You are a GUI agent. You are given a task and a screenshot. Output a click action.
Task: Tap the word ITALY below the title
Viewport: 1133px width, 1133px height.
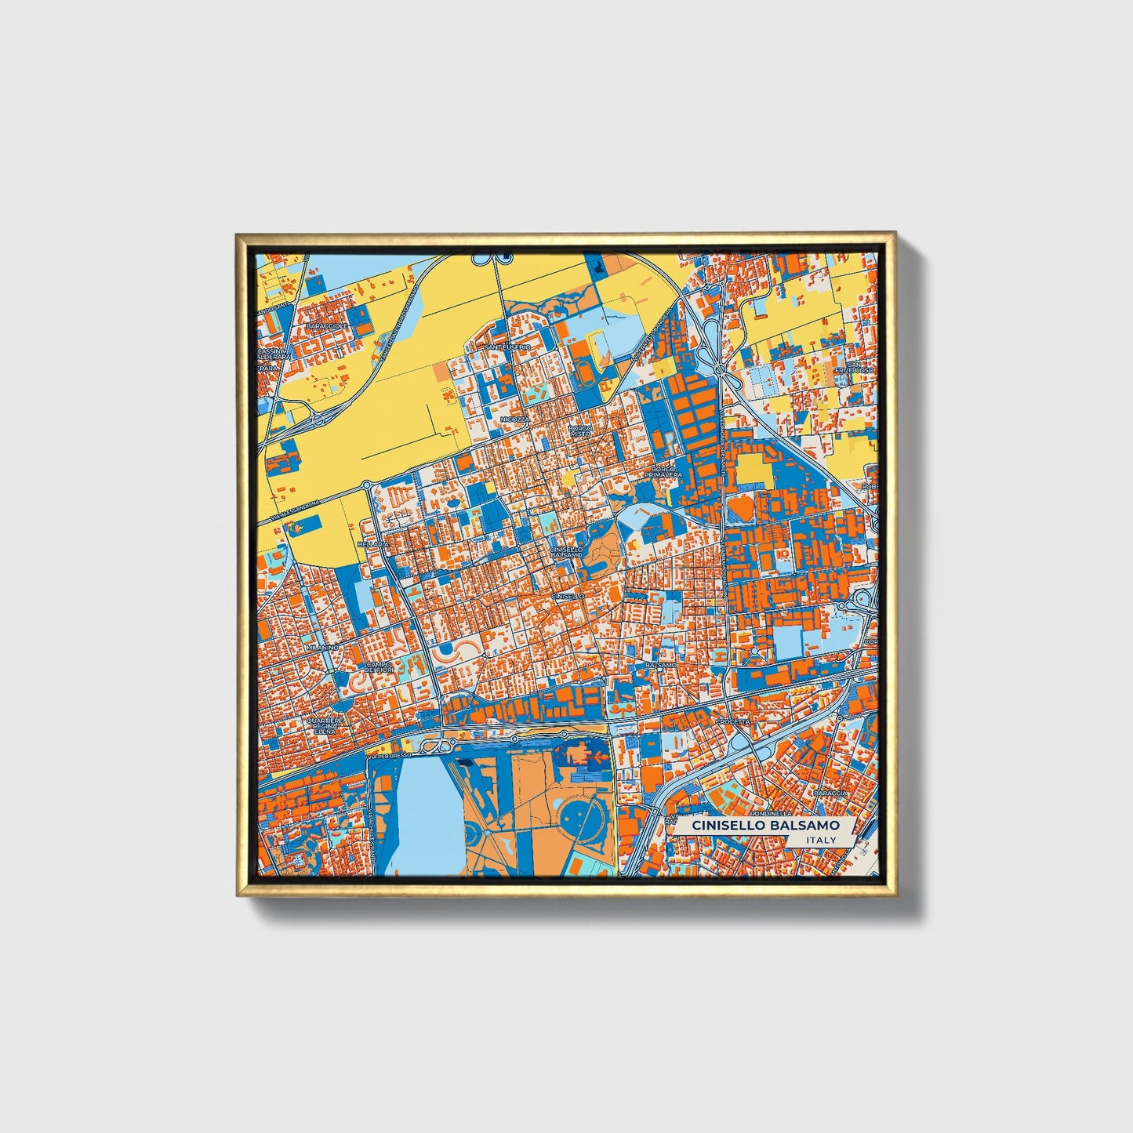(821, 840)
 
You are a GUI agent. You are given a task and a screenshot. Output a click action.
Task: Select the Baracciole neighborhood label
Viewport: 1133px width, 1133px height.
(326, 325)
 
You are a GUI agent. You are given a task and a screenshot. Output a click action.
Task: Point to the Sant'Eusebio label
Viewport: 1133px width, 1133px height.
(507, 347)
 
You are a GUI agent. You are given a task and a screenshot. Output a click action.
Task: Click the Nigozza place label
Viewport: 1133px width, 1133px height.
(516, 419)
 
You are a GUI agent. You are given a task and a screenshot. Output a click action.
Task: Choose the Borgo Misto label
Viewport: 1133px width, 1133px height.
(581, 431)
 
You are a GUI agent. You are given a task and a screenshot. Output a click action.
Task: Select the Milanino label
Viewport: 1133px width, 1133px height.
(322, 648)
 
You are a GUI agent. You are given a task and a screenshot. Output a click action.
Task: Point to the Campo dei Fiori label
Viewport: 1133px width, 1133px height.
(378, 667)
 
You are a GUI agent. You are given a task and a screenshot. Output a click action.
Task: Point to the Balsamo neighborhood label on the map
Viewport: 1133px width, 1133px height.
(659, 665)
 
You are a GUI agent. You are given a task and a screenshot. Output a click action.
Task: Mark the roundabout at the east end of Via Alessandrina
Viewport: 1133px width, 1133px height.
(366, 486)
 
